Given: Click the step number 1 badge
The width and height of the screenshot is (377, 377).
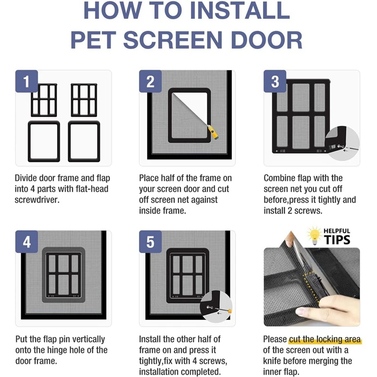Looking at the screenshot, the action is tap(26, 81).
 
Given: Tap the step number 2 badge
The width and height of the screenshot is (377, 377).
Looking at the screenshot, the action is tap(150, 81).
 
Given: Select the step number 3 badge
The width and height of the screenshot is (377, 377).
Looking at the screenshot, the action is tap(275, 81).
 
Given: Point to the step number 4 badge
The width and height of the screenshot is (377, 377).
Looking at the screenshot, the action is tap(26, 242).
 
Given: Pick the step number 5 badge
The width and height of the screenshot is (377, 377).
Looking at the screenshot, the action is tap(150, 242).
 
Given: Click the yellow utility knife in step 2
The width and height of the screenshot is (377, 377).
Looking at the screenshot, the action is tap(213, 133).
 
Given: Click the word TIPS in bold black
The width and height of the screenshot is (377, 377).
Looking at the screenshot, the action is tap(337, 240).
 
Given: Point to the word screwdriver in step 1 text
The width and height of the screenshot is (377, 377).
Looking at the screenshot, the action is tap(37, 199).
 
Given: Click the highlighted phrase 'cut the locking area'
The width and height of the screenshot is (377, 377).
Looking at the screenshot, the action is tap(325, 339).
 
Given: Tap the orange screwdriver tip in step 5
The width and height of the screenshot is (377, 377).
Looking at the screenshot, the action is tap(229, 311).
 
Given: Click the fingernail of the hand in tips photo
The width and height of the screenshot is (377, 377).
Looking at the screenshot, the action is tap(300, 312).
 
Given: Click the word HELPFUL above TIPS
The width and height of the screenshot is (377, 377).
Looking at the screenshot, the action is tap(337, 231).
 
